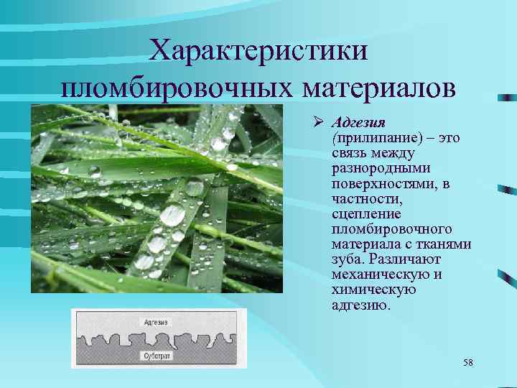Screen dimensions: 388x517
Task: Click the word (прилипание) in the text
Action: point(370,138)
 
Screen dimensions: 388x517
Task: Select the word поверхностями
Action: point(379,184)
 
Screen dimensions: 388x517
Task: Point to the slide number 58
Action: point(467,362)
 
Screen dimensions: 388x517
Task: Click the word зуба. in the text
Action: point(348,259)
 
